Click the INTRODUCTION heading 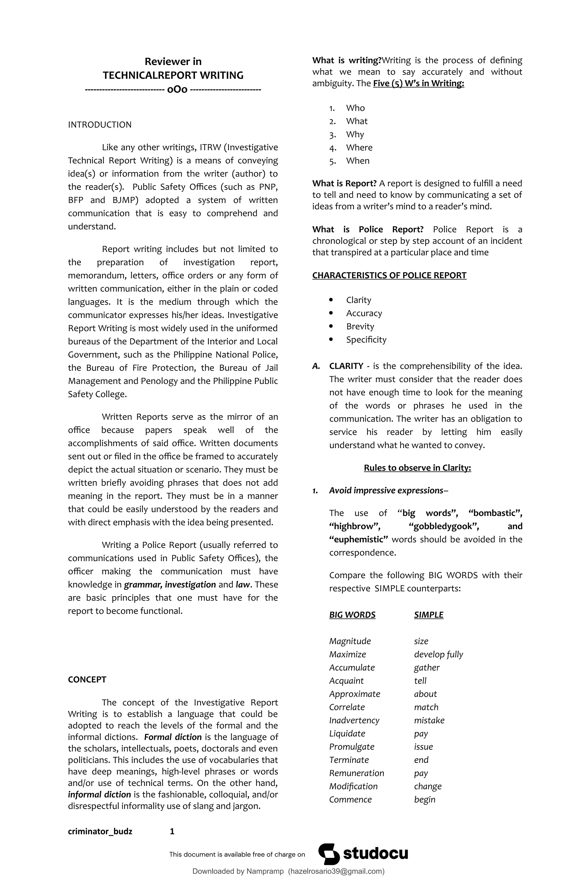pos(99,124)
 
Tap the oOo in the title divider pos(177,89)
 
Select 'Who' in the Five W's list pos(355,108)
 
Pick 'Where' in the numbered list pos(359,148)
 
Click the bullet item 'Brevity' pos(360,326)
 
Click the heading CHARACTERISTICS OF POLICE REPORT pos(389,275)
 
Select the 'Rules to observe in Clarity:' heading pos(417,468)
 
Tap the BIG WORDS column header pos(352,615)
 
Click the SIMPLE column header pos(428,615)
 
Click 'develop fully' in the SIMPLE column pos(438,654)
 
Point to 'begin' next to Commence pos(424,799)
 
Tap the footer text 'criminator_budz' pos(100,831)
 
